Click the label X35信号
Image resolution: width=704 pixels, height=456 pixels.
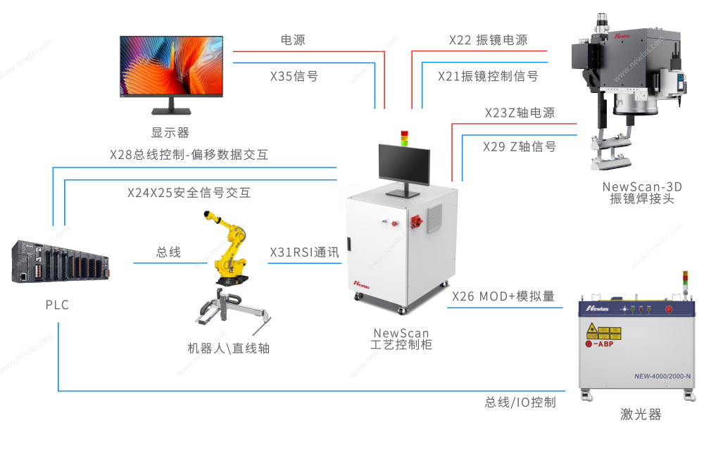point(294,76)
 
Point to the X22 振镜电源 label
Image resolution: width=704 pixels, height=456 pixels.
point(488,40)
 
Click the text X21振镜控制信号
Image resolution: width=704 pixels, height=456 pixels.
point(488,76)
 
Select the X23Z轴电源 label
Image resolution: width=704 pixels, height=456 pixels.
point(520,113)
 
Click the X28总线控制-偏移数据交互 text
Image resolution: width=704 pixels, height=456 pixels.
point(189,155)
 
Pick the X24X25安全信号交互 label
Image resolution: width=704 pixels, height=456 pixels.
point(189,192)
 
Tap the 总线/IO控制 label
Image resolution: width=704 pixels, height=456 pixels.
point(520,403)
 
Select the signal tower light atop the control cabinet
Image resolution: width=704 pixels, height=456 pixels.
point(404,137)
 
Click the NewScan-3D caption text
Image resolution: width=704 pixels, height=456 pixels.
point(642,187)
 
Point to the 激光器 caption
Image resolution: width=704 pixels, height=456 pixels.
point(641,414)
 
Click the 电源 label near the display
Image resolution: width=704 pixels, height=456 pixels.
point(293,40)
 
